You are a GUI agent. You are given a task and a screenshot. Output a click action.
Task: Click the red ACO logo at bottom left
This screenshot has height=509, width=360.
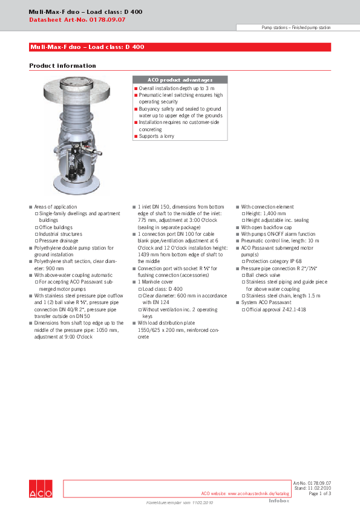tap(41, 488)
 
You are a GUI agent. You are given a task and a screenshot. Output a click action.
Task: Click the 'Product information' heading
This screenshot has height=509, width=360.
tap(62, 65)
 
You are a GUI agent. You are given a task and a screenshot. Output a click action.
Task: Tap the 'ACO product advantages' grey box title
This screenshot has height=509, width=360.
tap(180, 80)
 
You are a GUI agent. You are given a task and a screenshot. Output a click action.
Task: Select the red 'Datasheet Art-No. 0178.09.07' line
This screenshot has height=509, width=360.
tap(77, 20)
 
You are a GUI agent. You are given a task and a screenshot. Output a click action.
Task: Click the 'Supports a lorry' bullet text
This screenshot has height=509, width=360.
tap(156, 137)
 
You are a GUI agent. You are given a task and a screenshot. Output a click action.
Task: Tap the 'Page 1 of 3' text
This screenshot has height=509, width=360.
tap(319, 493)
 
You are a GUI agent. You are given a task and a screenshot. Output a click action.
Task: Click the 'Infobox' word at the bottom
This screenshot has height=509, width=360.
tap(279, 501)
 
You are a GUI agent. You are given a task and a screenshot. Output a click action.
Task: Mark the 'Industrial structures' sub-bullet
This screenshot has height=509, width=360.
tap(61, 234)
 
